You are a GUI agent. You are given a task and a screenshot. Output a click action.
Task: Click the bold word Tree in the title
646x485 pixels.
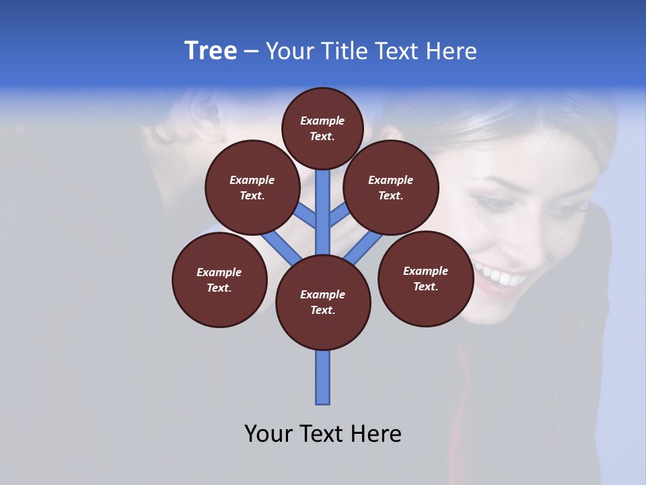pos(211,51)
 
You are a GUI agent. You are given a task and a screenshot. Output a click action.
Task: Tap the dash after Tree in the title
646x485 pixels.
pos(251,52)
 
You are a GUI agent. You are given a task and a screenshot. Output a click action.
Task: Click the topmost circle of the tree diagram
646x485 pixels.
pos(322,128)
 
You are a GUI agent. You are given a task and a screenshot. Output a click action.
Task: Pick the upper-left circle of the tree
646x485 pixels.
pos(252,187)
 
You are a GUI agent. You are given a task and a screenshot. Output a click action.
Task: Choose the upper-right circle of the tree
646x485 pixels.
pos(390,187)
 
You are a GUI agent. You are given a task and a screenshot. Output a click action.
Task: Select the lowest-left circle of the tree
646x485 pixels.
pos(219,280)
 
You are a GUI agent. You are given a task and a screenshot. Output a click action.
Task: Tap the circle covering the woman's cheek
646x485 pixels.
pos(425,278)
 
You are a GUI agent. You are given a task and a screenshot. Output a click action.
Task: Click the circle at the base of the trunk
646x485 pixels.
pos(323,302)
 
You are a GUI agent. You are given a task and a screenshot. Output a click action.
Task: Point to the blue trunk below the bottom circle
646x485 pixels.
pos(323,377)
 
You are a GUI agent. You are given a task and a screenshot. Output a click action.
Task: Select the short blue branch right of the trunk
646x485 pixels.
pos(338,216)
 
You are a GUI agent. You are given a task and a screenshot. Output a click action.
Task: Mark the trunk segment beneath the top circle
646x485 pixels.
pos(323,202)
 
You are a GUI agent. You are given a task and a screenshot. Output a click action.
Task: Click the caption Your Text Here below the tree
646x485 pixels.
pos(323,434)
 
